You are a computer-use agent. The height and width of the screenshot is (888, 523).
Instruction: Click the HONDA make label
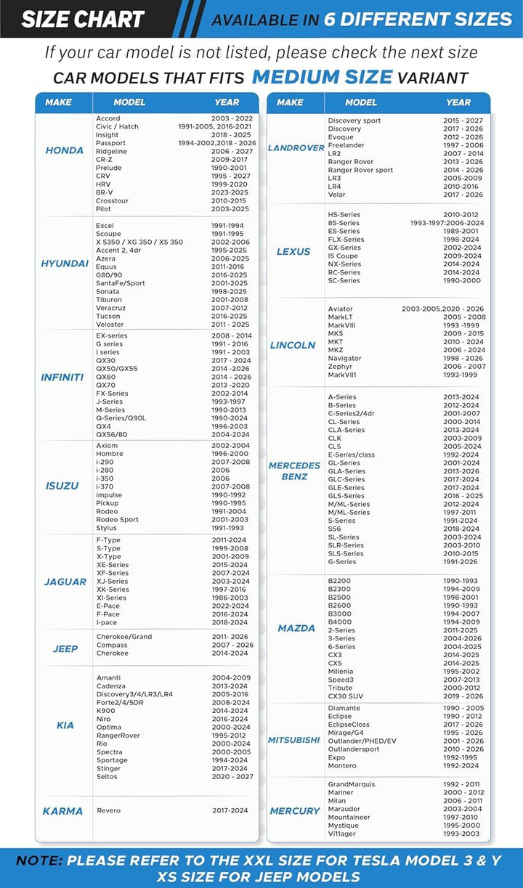click(65, 150)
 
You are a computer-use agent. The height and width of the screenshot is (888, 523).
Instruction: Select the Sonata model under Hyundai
click(108, 291)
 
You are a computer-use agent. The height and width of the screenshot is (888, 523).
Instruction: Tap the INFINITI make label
click(62, 378)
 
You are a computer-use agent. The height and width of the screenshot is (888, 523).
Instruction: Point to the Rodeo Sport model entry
click(117, 519)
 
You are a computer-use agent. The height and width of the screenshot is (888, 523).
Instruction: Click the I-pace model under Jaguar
click(108, 622)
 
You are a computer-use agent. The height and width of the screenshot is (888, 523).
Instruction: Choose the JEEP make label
click(65, 648)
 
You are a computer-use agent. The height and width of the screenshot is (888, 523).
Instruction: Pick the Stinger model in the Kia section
click(109, 768)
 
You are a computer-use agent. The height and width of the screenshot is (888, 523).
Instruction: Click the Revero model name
click(108, 810)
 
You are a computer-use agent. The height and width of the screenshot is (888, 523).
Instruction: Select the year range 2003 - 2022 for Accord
click(232, 118)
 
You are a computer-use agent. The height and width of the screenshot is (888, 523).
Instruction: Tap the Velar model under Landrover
click(336, 195)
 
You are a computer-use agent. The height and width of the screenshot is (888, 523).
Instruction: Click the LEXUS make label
click(293, 252)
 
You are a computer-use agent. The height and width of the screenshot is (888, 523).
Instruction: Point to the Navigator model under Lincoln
click(344, 359)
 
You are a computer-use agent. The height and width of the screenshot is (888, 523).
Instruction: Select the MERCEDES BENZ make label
click(294, 471)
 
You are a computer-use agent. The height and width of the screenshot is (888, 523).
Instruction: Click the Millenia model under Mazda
click(341, 672)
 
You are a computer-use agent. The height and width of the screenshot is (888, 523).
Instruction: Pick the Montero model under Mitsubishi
click(341, 765)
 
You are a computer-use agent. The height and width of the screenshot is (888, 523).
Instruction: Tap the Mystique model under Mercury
click(343, 826)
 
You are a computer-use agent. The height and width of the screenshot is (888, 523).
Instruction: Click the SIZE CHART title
click(83, 19)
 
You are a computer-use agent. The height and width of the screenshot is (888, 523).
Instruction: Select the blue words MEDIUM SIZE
click(322, 77)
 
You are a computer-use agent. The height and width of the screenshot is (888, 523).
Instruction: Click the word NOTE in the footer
click(39, 860)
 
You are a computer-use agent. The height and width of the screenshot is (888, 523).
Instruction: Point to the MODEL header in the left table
click(129, 102)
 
